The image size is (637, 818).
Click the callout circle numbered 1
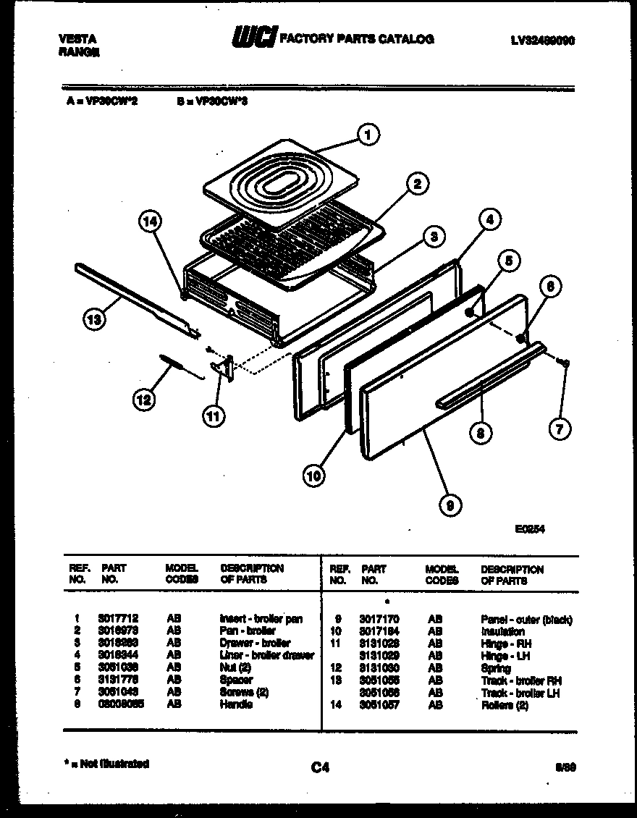(368, 134)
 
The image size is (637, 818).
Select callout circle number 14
(150, 224)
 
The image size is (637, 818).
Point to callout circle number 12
(145, 399)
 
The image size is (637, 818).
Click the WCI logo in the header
(253, 38)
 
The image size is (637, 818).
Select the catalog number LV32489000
(542, 41)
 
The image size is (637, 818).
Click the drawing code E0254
(530, 529)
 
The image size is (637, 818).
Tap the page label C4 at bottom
(320, 768)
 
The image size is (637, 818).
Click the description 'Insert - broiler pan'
(261, 619)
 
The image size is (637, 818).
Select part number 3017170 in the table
(379, 620)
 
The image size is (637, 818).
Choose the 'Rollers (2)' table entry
(505, 705)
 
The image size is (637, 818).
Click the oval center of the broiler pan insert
(280, 183)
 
